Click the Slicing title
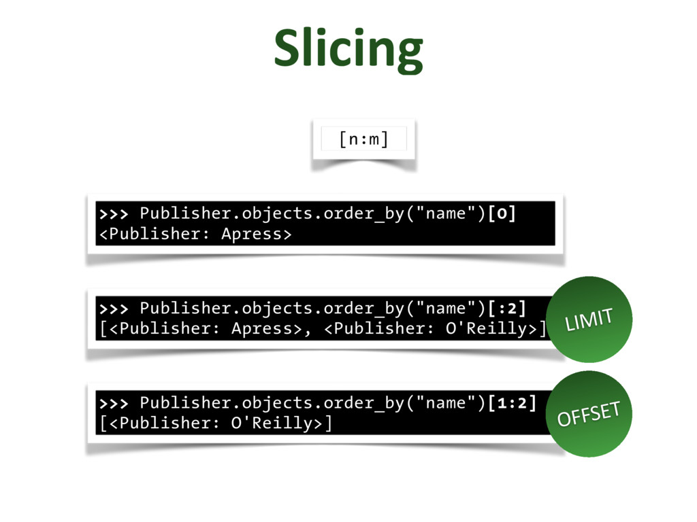coord(348,49)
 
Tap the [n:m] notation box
coord(363,139)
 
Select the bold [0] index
coord(502,214)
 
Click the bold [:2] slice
coord(506,309)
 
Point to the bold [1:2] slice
coord(512,403)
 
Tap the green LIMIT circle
coord(589,319)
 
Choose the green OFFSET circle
coord(589,413)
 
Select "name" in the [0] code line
coord(446,214)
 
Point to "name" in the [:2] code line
coord(446,309)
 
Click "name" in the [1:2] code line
coord(446,403)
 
